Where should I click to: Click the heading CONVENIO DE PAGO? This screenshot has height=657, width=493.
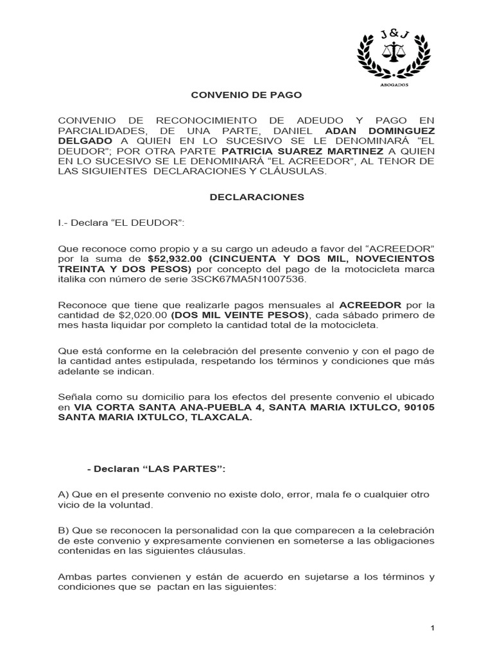(246, 95)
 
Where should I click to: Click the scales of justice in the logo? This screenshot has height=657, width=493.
(391, 51)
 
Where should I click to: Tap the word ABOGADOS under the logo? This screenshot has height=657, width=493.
(391, 84)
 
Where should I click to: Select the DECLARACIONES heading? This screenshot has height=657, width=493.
(257, 198)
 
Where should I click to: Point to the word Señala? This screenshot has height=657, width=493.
(74, 396)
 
